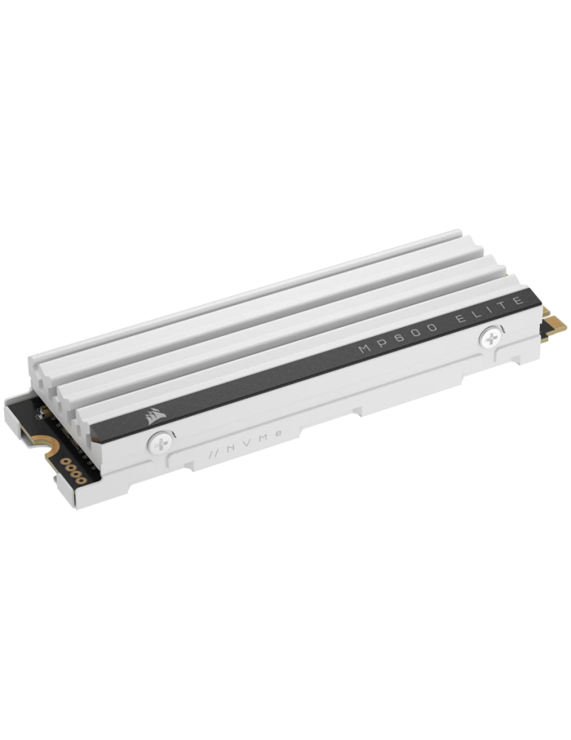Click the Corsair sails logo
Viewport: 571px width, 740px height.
click(x=157, y=415)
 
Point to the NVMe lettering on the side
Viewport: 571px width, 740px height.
click(x=246, y=443)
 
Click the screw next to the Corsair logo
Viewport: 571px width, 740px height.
click(x=161, y=443)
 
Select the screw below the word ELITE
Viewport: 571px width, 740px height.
click(x=491, y=338)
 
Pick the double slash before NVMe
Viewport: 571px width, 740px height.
click(x=213, y=454)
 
